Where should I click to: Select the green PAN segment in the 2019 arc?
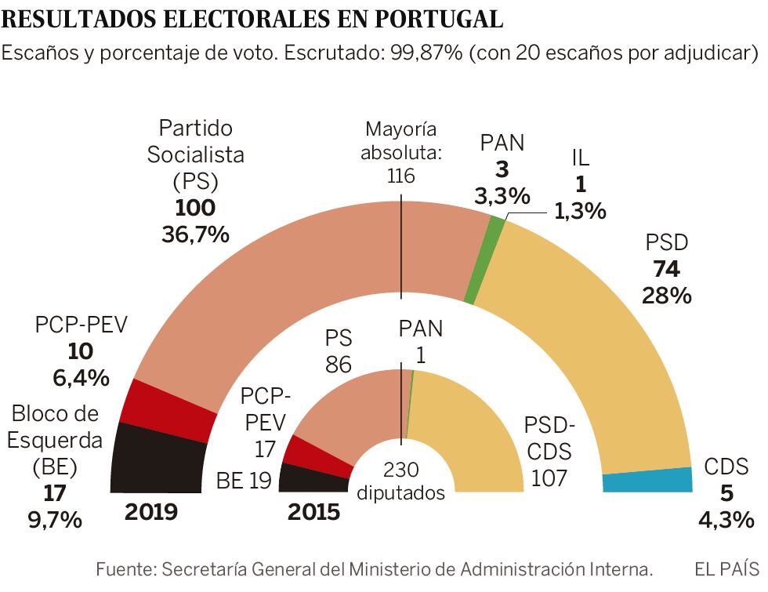[484, 259]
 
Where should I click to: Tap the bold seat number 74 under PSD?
[666, 270]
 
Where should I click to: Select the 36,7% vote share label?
[195, 234]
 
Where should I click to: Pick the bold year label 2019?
[151, 512]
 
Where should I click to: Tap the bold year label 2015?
[313, 512]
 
